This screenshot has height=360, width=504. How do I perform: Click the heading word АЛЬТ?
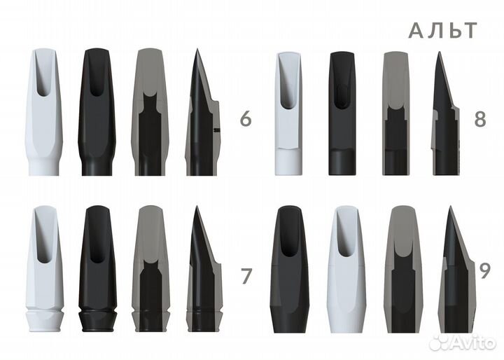tap(442, 31)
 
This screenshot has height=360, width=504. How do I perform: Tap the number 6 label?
tap(246, 119)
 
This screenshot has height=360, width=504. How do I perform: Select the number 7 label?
tap(246, 276)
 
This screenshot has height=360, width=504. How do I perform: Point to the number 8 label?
tap(480, 119)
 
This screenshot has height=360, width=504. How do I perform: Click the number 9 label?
tap(484, 271)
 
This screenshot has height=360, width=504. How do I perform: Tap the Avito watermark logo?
tap(462, 342)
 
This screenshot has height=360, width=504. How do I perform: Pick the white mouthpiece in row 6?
tap(43, 112)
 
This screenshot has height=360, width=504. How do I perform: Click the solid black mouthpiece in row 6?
tap(97, 112)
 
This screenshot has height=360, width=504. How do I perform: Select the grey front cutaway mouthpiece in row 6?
tap(150, 112)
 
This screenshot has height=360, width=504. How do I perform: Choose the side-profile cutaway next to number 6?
tap(202, 112)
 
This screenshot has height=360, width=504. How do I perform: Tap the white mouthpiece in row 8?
tap(288, 113)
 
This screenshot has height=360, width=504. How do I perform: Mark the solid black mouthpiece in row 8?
tap(342, 113)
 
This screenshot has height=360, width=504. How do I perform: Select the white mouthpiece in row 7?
tap(44, 269)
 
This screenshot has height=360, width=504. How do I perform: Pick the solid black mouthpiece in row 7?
tap(97, 269)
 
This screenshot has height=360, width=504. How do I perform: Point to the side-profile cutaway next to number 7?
tap(204, 269)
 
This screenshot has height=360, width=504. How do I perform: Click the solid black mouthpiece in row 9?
tap(290, 270)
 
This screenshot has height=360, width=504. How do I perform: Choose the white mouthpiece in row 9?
tap(346, 270)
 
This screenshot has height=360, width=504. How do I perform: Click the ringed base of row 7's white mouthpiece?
tap(44, 321)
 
